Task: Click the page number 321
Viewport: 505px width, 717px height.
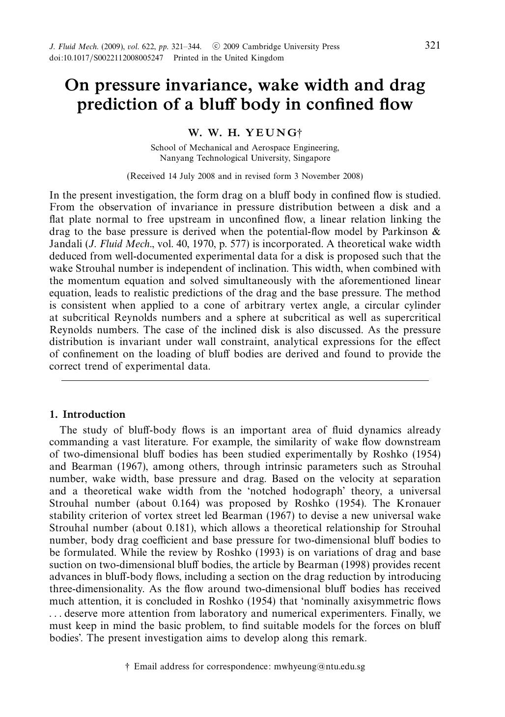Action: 432,46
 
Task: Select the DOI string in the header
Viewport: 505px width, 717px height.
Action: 106,58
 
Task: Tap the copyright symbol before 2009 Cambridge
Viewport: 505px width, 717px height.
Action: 216,47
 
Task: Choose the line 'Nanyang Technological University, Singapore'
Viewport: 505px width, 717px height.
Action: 245,158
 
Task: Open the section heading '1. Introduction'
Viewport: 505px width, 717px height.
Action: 87,414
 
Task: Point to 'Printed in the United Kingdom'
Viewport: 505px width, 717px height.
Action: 228,58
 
